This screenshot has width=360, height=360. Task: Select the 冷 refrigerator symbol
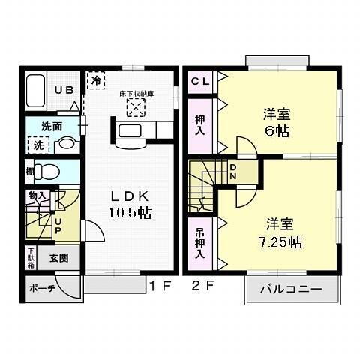[x=96, y=79]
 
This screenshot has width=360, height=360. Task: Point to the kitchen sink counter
[x=137, y=131]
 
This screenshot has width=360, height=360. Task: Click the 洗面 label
[x=51, y=126]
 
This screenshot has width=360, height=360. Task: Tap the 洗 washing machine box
[x=36, y=143]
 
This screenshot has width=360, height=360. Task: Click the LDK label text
[x=130, y=193]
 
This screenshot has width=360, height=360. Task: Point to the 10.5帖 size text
[x=129, y=212]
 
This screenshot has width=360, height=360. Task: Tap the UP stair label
[x=58, y=226]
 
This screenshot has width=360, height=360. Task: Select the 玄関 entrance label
[x=59, y=258]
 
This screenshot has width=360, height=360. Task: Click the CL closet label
[x=199, y=79]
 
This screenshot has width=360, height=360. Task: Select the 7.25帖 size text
[x=276, y=243]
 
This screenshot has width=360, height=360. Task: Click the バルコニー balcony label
[x=292, y=288]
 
